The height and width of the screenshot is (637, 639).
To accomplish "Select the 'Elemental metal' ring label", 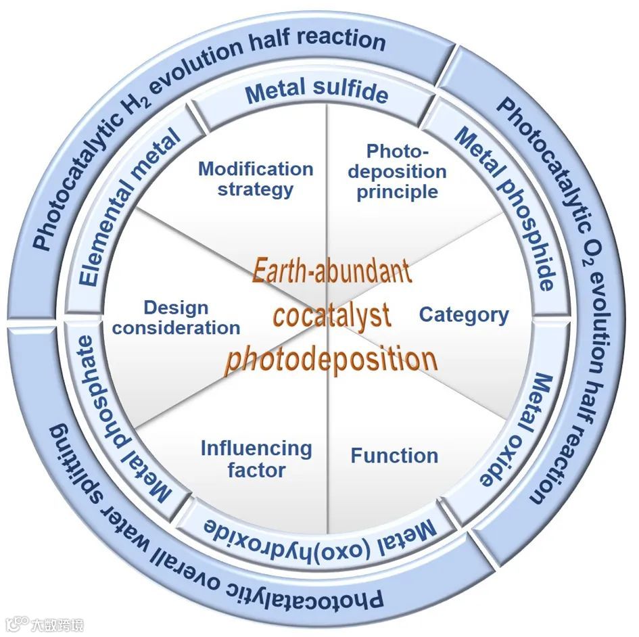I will (128, 208).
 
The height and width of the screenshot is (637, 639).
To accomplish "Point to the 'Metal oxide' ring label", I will (515, 429).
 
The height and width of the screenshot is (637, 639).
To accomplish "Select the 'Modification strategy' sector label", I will (256, 179).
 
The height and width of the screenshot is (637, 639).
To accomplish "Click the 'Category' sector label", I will (464, 314).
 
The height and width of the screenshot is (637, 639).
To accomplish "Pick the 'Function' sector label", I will (394, 456).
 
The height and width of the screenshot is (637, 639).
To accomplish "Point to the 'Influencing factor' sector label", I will (256, 458).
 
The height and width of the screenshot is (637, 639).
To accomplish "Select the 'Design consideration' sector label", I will (176, 318).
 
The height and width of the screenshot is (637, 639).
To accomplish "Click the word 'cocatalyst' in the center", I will (331, 315).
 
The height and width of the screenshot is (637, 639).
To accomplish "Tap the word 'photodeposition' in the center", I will (331, 358).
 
